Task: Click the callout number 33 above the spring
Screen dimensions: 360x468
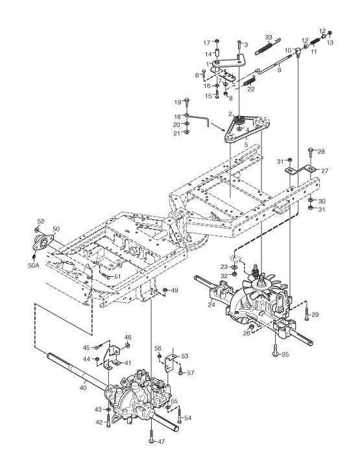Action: (x=269, y=38)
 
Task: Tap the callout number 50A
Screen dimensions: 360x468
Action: (x=34, y=265)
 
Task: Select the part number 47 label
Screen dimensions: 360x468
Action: (x=161, y=441)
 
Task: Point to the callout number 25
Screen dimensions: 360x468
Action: (x=285, y=355)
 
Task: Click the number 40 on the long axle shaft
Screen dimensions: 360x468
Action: (x=83, y=388)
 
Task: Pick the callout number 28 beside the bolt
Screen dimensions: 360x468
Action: (x=321, y=152)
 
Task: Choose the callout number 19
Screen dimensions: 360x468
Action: (x=178, y=102)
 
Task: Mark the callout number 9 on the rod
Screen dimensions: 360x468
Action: (x=280, y=71)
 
